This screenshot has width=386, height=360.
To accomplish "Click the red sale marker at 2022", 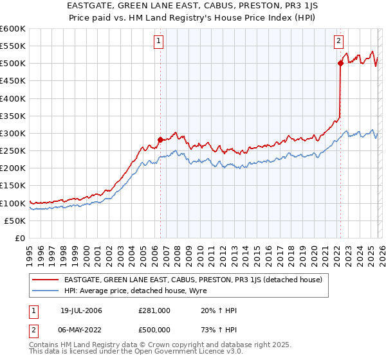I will pos(340,63).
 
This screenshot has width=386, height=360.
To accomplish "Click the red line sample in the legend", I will pos(46,280).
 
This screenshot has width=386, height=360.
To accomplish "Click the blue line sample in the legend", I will pos(46,291).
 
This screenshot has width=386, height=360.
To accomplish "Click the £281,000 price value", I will pos(154,310).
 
